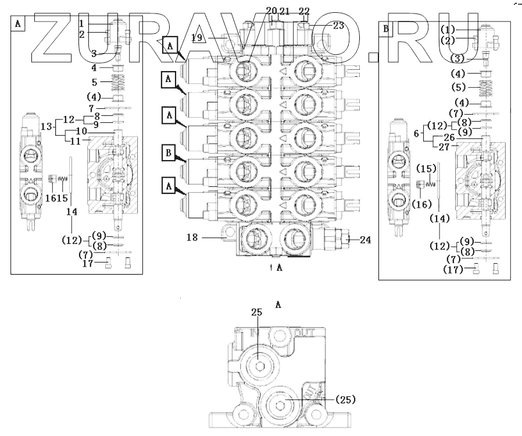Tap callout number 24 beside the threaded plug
365,239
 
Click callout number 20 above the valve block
271,10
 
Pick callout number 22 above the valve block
304,10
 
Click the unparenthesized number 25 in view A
258,313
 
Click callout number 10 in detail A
81,132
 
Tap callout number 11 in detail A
76,141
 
